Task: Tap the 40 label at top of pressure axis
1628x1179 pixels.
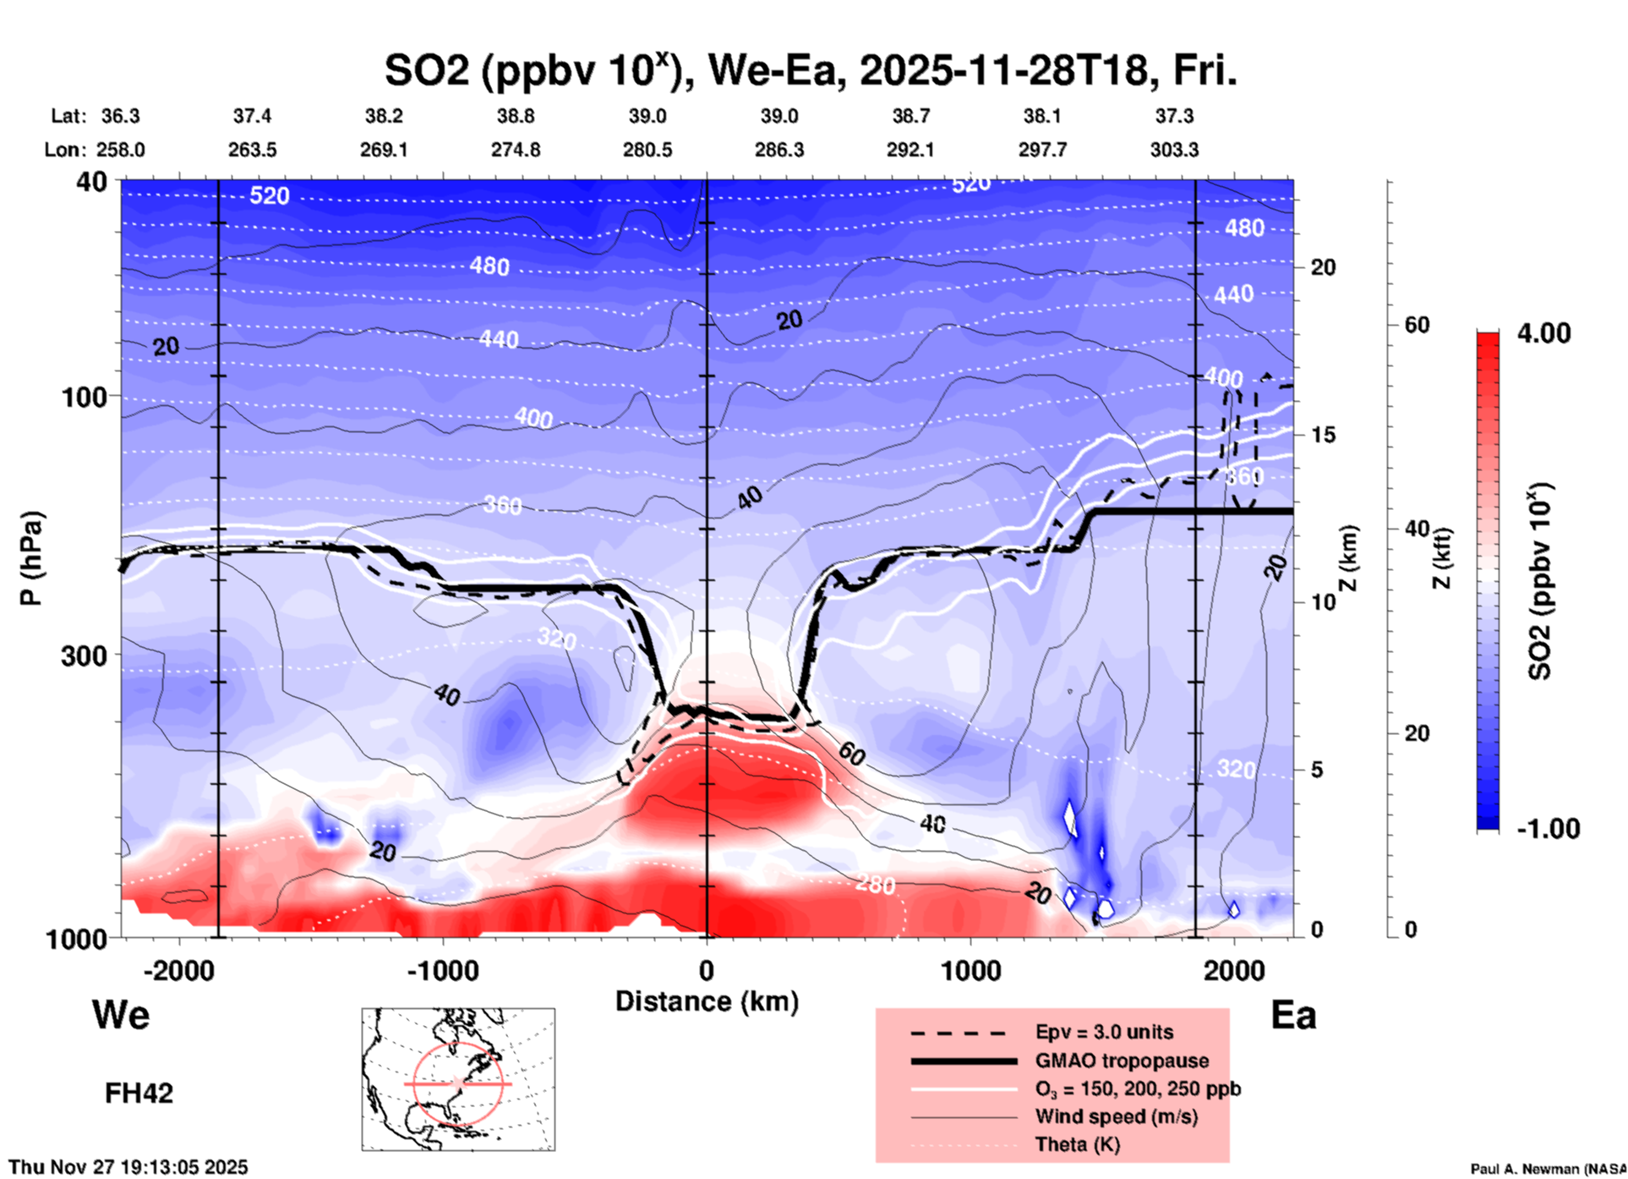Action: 93,181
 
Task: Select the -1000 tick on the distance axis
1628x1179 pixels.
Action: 442,970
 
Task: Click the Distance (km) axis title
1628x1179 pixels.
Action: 707,1001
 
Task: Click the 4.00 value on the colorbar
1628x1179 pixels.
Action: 1543,333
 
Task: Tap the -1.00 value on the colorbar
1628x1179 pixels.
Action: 1548,829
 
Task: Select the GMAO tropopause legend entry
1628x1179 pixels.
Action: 1122,1061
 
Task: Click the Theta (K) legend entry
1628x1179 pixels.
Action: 1077,1144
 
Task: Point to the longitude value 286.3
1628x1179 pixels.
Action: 778,150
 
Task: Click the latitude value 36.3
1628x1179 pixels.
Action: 120,116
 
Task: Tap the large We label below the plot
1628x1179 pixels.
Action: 121,1014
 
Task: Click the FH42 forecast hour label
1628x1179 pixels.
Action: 139,1094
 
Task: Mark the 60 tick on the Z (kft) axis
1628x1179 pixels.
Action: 1416,325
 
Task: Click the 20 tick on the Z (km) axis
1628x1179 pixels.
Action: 1323,268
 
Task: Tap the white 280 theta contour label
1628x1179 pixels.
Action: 875,885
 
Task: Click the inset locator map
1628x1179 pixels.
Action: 458,1079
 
